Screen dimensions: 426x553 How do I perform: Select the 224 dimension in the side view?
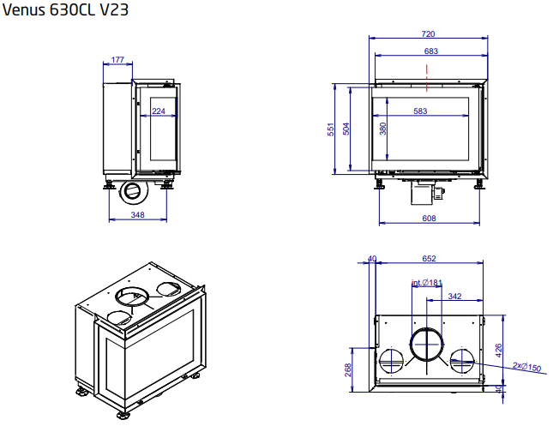pyautogui.click(x=158, y=111)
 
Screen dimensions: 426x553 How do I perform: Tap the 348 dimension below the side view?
pyautogui.click(x=137, y=214)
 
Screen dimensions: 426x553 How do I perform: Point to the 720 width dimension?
pyautogui.click(x=428, y=34)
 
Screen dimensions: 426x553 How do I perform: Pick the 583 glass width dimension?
pyautogui.click(x=420, y=111)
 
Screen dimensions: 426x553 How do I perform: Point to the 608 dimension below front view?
pyautogui.click(x=430, y=219)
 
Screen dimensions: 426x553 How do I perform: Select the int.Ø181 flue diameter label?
pyautogui.click(x=426, y=283)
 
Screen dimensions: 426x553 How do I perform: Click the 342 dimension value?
pyautogui.click(x=455, y=297)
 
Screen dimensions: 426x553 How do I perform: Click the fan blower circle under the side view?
pyautogui.click(x=133, y=190)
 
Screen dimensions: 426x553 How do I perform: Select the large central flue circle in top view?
pyautogui.click(x=426, y=346)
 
